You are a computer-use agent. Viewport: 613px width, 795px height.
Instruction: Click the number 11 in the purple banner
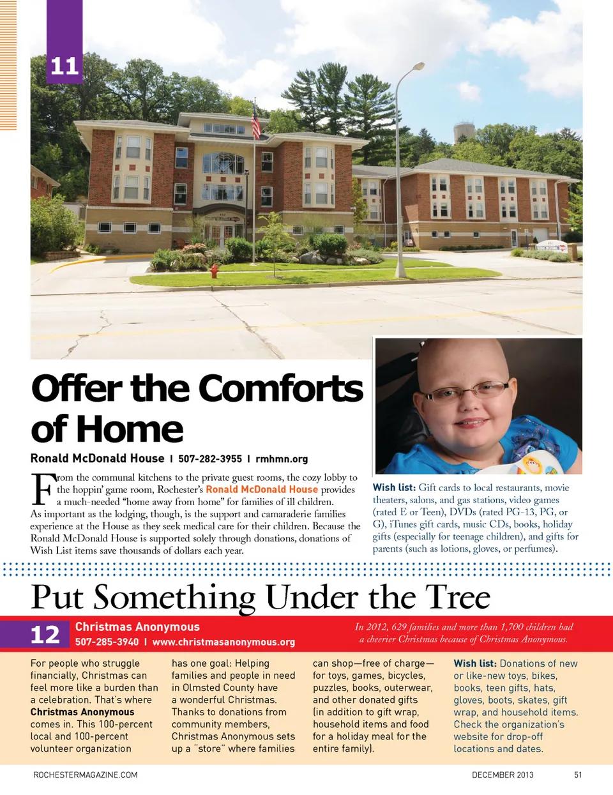(x=64, y=66)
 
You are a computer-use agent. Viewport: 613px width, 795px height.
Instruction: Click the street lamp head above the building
(x=417, y=66)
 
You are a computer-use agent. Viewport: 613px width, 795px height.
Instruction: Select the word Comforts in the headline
(x=280, y=389)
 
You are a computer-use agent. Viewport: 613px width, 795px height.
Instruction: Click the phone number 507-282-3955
(x=209, y=458)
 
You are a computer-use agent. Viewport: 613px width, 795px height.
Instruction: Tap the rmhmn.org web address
(x=282, y=458)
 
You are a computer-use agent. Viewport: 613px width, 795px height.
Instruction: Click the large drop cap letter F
(x=42, y=488)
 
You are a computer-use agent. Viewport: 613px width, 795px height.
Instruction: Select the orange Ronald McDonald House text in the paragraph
(x=261, y=490)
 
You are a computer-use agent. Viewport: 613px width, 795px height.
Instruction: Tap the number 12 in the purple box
(x=45, y=635)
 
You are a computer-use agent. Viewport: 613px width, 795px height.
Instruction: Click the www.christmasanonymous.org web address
(x=223, y=642)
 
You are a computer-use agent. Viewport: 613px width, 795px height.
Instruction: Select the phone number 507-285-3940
(x=107, y=642)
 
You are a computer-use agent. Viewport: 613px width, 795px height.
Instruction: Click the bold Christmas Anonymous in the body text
(x=82, y=712)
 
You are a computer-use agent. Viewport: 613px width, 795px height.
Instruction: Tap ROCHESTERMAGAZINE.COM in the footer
(x=85, y=775)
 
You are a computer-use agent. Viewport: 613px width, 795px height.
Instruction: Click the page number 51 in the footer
(x=578, y=775)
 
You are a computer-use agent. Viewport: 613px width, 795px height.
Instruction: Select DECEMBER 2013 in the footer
(x=503, y=775)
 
